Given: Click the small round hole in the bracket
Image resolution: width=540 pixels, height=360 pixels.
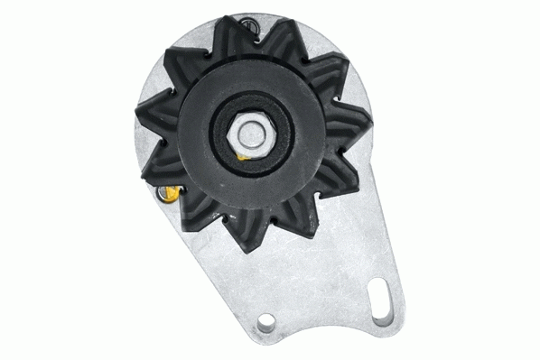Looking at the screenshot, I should tap(266, 323).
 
